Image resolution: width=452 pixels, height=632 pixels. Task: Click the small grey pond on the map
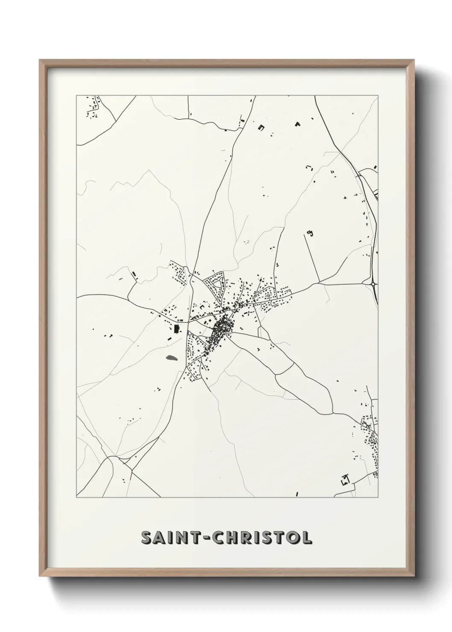171,358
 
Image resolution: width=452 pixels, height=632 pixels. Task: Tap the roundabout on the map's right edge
373,283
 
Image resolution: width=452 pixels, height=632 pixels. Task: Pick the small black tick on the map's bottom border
297,494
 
